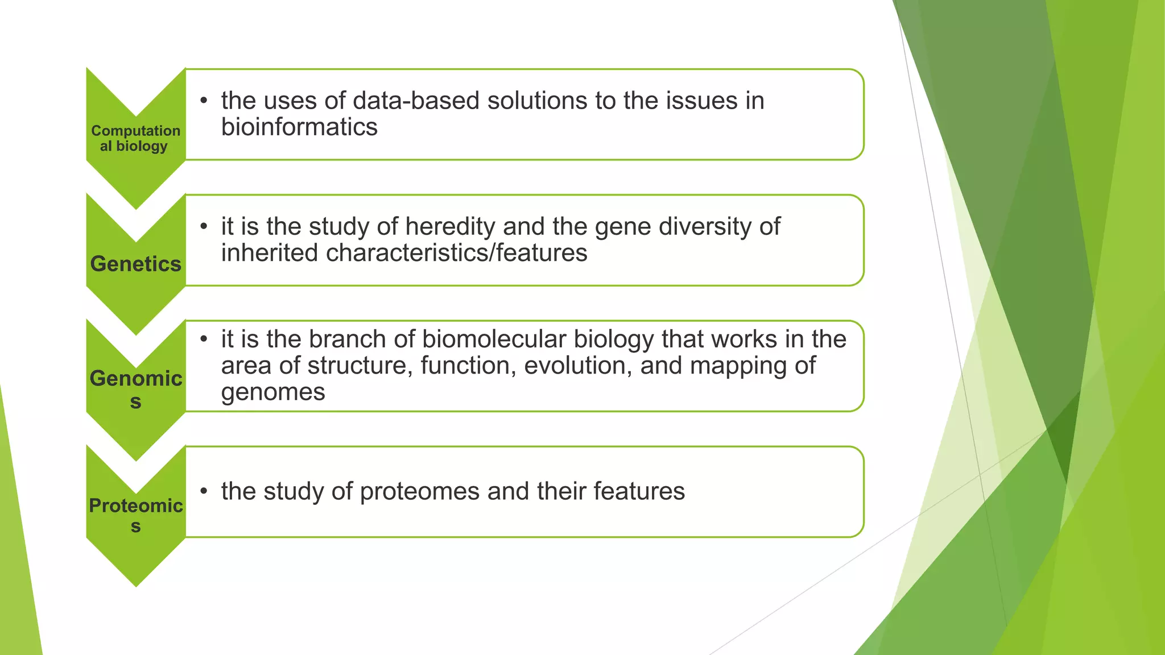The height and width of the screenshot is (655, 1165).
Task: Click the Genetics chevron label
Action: (x=135, y=264)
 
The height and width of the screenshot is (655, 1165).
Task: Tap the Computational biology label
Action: (x=135, y=138)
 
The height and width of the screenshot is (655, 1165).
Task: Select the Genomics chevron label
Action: (x=135, y=389)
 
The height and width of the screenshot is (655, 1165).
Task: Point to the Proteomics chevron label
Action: (x=135, y=515)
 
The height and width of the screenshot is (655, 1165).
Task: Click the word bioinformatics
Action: (x=299, y=127)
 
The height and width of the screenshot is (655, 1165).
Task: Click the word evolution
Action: (x=577, y=366)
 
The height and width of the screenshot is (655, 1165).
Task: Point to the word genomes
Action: (x=273, y=392)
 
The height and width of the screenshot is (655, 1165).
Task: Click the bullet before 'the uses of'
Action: (x=204, y=101)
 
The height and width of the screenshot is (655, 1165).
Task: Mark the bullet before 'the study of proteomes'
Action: (x=204, y=492)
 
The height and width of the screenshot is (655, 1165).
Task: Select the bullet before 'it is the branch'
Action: (x=204, y=340)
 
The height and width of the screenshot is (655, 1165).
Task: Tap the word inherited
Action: (x=270, y=253)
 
